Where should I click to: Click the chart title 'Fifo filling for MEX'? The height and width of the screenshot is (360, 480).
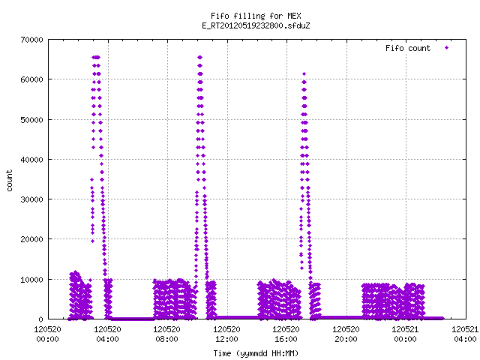256,16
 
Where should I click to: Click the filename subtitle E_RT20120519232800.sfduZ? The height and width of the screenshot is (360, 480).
256,25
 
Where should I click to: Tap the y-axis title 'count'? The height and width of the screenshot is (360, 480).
10,181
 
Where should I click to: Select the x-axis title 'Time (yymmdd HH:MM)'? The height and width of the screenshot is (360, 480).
256,353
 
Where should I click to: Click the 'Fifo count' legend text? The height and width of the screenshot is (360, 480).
408,48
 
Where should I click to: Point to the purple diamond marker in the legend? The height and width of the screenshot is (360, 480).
447,47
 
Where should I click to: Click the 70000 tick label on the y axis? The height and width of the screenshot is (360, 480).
31,40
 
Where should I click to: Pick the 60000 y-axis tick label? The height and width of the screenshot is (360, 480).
31,79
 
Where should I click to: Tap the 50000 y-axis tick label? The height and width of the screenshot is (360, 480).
31,120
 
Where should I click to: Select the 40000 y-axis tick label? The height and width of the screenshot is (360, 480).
31,160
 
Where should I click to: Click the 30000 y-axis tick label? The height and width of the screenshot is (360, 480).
31,199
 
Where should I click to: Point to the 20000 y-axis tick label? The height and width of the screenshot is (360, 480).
31,239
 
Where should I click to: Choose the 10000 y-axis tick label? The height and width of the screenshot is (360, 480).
31,280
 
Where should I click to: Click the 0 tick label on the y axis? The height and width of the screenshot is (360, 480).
40,319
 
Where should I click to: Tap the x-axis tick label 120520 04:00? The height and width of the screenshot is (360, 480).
107,334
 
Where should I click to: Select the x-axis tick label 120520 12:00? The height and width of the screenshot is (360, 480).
226,334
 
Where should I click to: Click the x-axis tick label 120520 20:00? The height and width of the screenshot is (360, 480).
346,334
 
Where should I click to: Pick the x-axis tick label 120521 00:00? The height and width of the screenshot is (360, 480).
405,334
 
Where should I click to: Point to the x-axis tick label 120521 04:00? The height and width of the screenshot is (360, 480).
465,334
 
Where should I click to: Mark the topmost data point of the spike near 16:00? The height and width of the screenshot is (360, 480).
304,73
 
